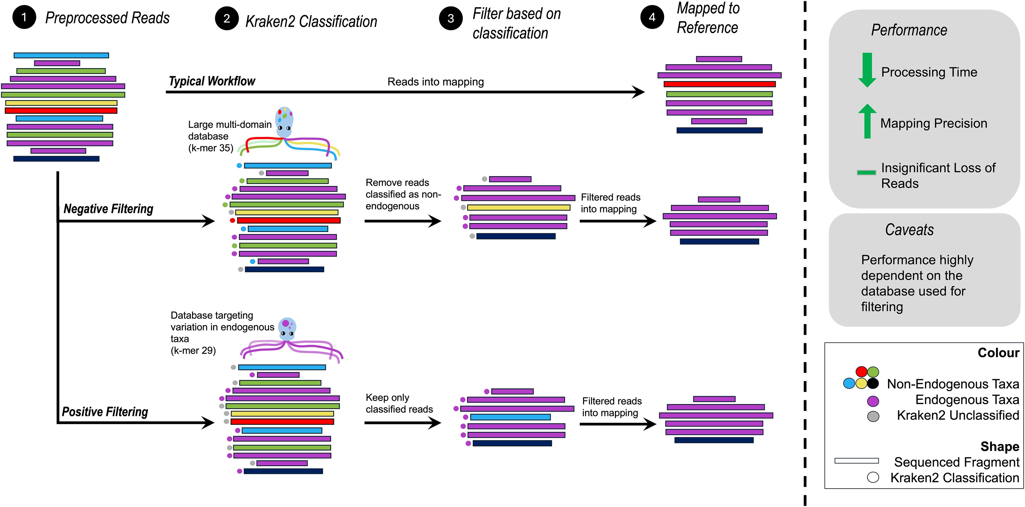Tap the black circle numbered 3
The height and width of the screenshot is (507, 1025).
click(x=450, y=18)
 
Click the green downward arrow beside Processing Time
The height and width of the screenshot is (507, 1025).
click(x=867, y=70)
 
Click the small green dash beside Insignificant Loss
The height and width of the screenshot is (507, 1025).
click(x=866, y=172)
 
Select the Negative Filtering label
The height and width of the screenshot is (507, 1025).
click(x=108, y=209)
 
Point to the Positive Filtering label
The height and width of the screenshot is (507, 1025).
click(x=105, y=411)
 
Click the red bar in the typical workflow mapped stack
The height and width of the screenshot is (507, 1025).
click(x=719, y=84)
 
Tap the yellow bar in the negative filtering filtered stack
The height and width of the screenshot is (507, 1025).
click(x=518, y=207)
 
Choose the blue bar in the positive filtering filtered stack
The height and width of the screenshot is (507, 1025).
click(x=510, y=417)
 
